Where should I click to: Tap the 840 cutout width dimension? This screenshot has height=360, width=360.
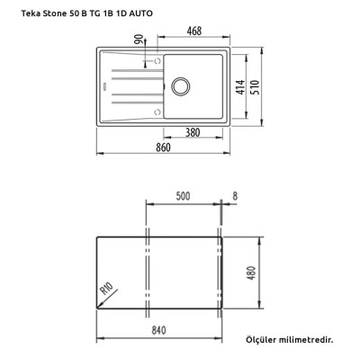pos(157,330)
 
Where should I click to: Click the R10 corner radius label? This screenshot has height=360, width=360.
pos(106,292)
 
